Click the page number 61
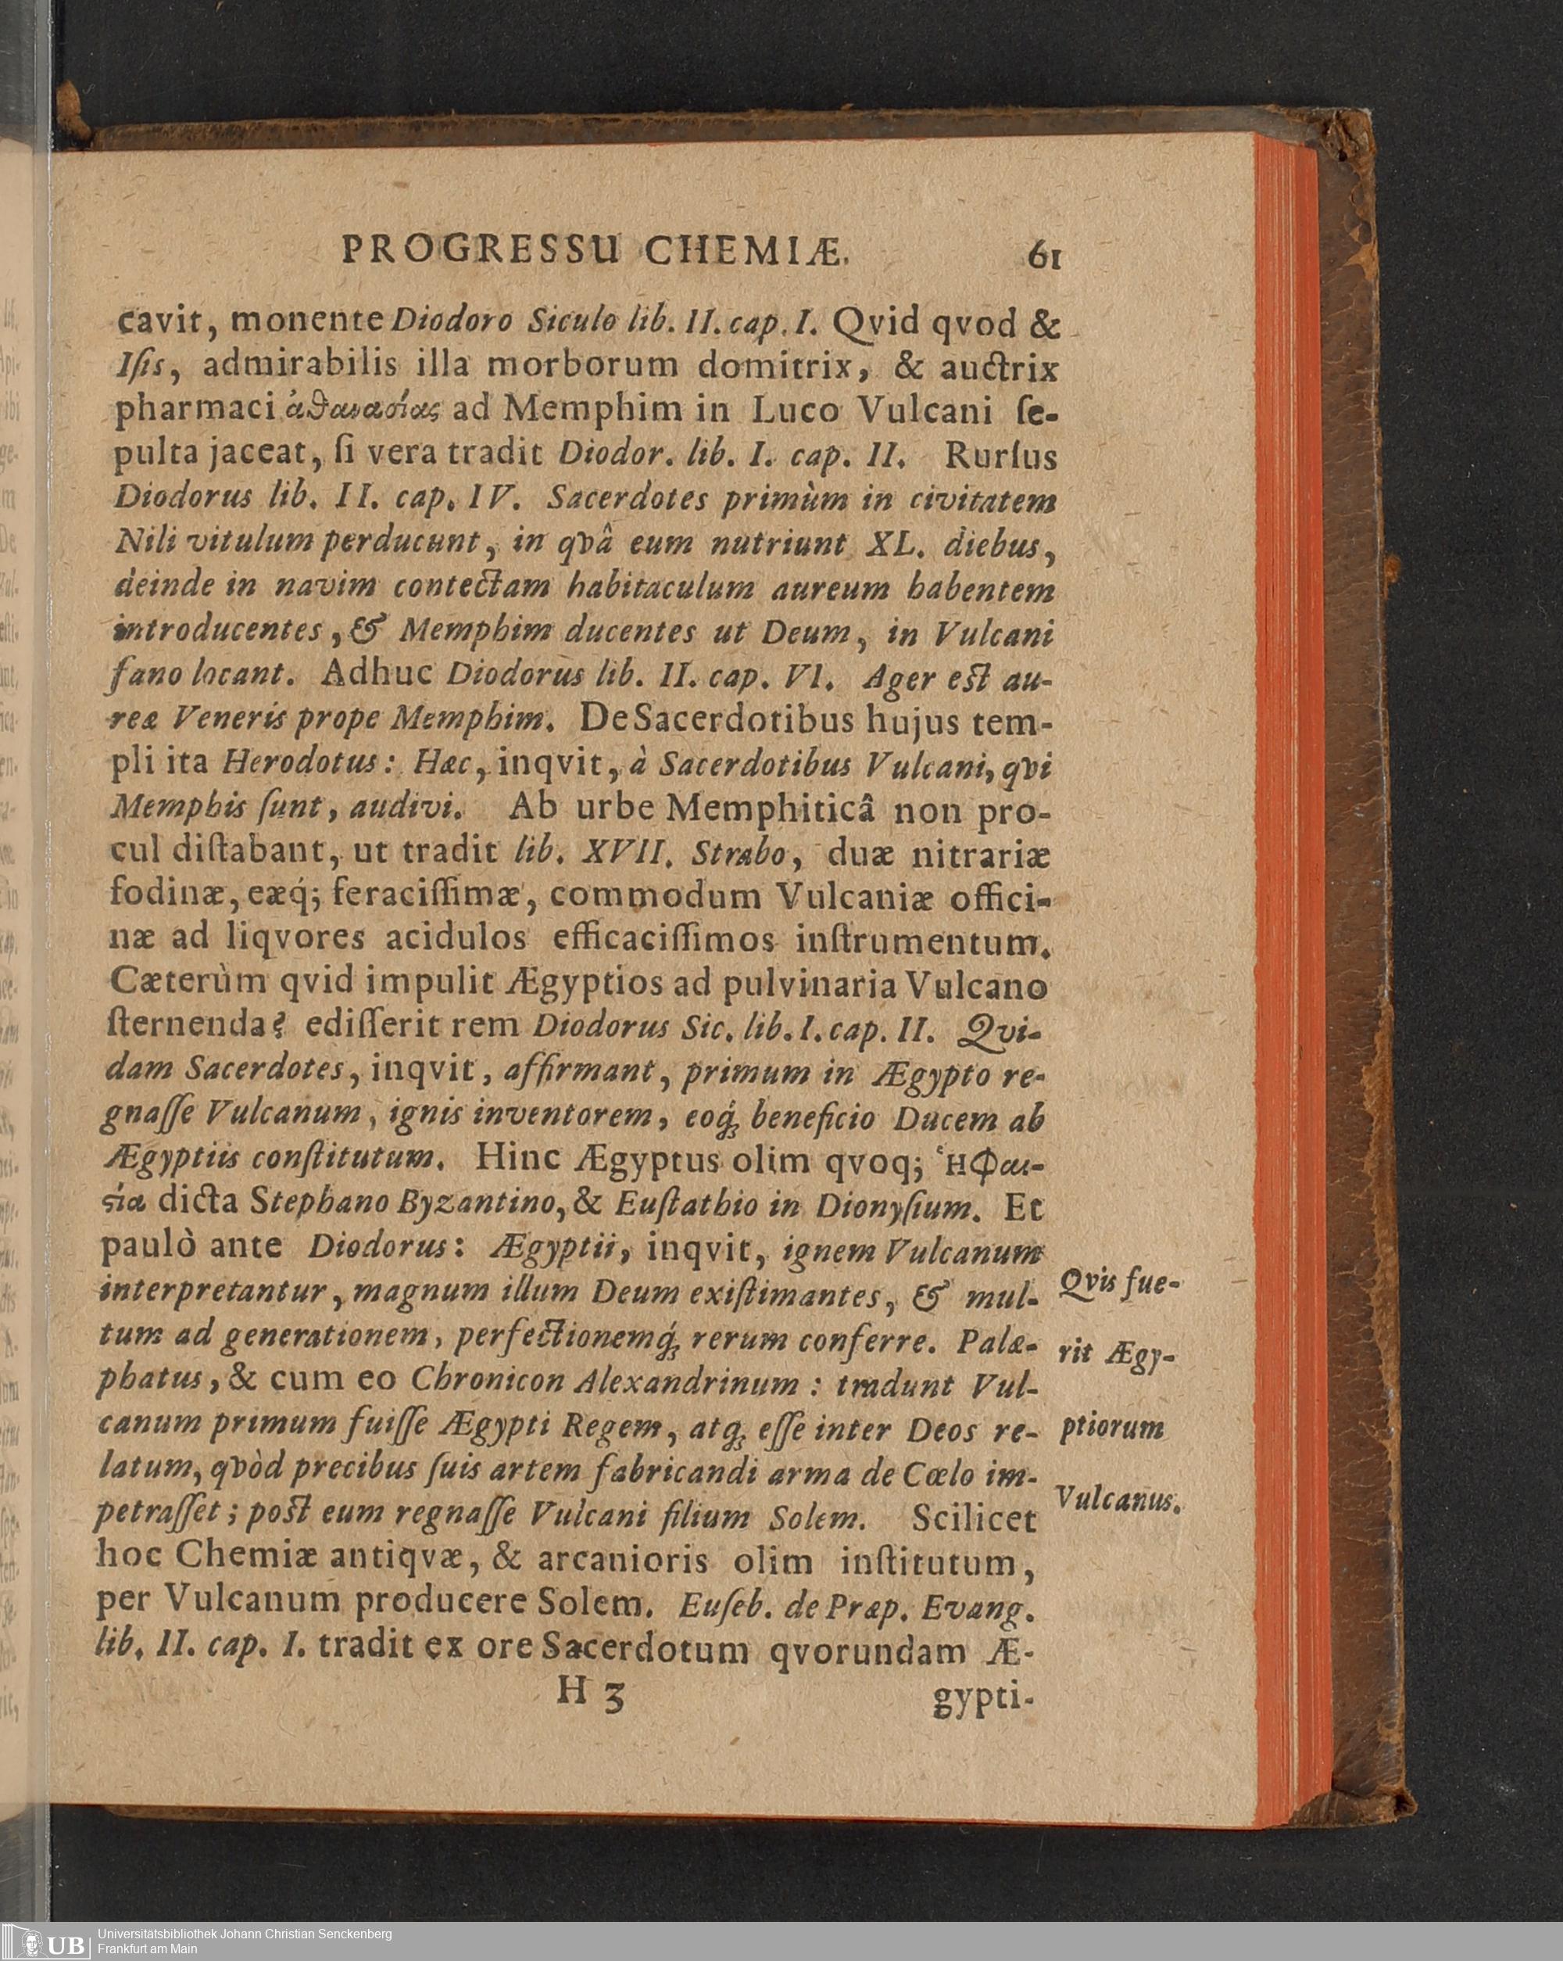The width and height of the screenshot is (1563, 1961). click(x=1046, y=255)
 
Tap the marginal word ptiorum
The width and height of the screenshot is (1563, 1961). click(x=1111, y=1426)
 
